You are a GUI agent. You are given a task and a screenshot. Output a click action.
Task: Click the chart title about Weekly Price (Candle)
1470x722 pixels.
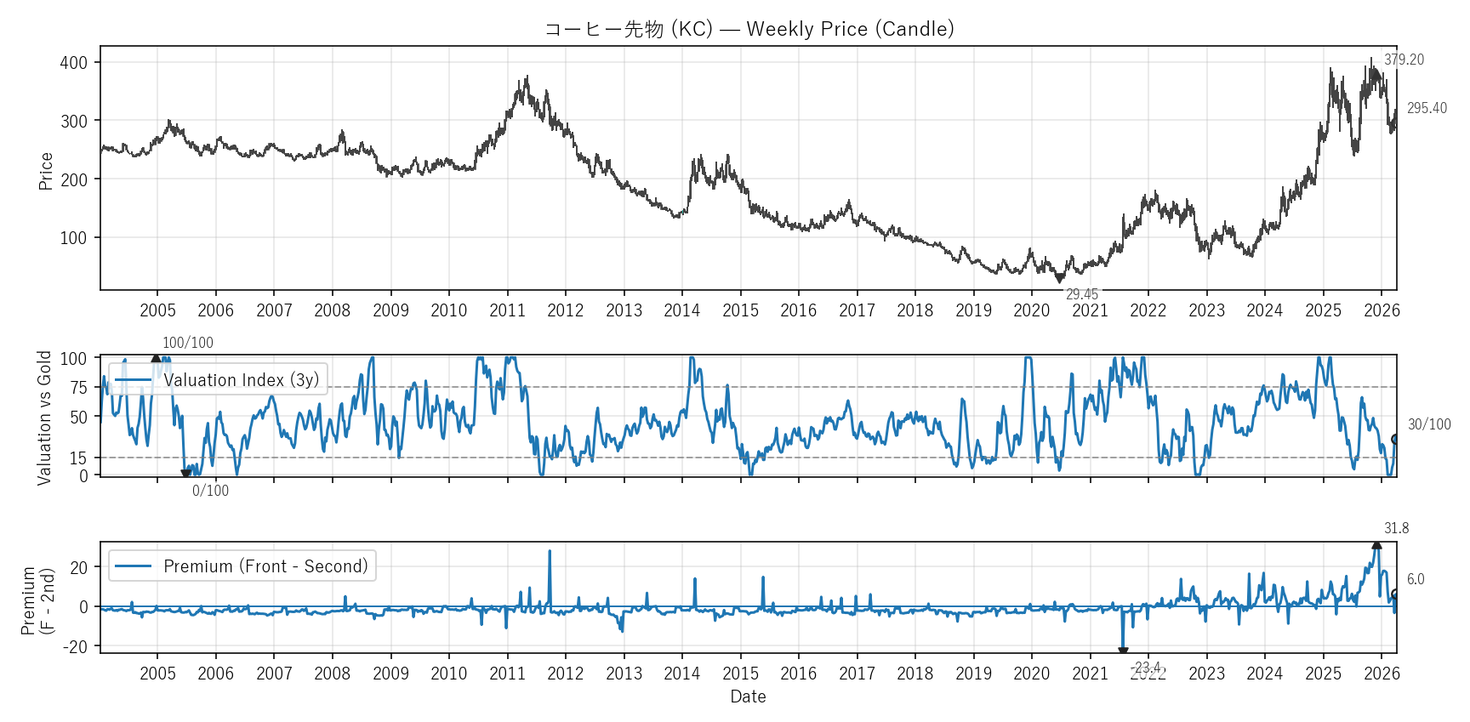pyautogui.click(x=749, y=29)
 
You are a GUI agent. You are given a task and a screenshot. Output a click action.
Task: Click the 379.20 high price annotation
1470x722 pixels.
pyautogui.click(x=1404, y=60)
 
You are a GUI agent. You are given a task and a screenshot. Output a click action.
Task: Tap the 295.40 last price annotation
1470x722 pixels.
pyautogui.click(x=1427, y=108)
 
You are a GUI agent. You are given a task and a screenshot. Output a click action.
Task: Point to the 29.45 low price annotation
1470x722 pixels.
pyautogui.click(x=1081, y=294)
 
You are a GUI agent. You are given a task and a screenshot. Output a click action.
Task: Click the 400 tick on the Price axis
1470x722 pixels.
pyautogui.click(x=74, y=63)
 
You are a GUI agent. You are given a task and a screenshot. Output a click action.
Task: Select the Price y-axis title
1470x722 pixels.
pyautogui.click(x=46, y=171)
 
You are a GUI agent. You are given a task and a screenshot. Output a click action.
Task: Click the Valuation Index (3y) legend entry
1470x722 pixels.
pyautogui.click(x=218, y=380)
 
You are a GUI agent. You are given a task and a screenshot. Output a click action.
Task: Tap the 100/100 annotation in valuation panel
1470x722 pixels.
pyautogui.click(x=188, y=343)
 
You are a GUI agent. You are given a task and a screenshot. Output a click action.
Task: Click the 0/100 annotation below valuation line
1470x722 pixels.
pyautogui.click(x=210, y=491)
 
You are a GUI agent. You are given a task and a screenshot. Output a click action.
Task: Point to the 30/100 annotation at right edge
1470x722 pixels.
pyautogui.click(x=1429, y=424)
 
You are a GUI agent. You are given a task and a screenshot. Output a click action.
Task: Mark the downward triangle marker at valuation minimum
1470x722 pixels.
pyautogui.click(x=185, y=474)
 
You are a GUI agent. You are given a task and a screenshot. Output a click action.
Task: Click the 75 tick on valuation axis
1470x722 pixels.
pyautogui.click(x=79, y=388)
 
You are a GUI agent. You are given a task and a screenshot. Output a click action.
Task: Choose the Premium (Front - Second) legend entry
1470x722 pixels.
pyautogui.click(x=242, y=566)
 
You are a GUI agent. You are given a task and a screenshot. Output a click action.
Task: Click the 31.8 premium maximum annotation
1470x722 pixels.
pyautogui.click(x=1396, y=528)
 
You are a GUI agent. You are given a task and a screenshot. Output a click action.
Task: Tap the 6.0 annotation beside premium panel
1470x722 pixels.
pyautogui.click(x=1415, y=579)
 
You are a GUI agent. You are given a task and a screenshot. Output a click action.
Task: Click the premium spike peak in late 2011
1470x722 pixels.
pyautogui.click(x=550, y=551)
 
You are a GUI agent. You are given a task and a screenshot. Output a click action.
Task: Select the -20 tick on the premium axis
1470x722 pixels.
pyautogui.click(x=75, y=647)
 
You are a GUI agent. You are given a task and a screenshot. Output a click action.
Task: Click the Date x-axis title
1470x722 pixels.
pyautogui.click(x=748, y=696)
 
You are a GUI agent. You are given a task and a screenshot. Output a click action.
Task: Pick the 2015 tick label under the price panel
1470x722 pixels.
pyautogui.click(x=740, y=310)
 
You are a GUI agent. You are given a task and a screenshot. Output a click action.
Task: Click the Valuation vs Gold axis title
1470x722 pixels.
pyautogui.click(x=45, y=418)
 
